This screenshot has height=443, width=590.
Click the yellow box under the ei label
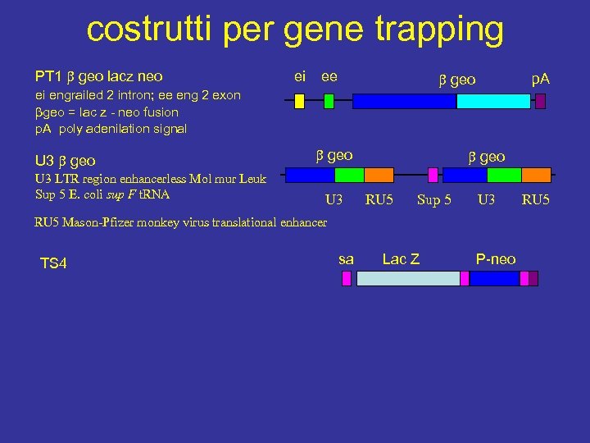299,101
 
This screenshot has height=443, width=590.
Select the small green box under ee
329,101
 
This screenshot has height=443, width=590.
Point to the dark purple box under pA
541,101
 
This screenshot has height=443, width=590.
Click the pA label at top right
541,79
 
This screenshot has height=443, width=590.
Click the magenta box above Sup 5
433,174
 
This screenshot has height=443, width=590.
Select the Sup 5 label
434,199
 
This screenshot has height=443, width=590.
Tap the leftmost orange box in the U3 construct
379,174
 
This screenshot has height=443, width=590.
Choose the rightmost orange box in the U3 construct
536,174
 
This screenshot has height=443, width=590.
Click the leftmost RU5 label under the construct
379,199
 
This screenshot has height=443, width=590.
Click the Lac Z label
401,259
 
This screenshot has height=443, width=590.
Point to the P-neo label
496,259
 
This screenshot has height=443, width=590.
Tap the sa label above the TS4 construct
346,259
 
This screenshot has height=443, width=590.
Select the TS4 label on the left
53,263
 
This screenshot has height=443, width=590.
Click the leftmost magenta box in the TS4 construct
346,278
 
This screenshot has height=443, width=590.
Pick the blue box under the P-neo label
494,278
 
